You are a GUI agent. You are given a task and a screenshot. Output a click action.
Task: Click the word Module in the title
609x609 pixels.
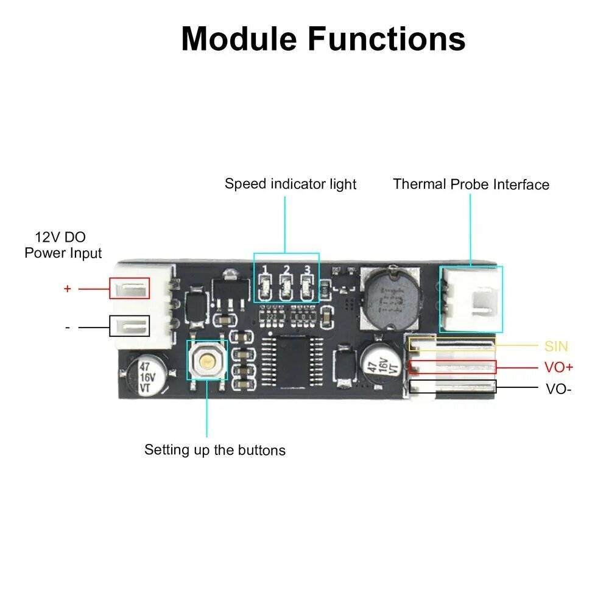239,39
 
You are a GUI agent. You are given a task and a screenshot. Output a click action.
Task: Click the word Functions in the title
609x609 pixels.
387,39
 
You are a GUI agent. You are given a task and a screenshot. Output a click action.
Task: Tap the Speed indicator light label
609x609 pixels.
290,184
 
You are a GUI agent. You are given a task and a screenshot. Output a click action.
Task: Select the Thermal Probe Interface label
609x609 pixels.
471,184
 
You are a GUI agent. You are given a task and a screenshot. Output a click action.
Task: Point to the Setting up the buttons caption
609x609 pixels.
215,450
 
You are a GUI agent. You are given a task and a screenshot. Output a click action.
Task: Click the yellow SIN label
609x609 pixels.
556,346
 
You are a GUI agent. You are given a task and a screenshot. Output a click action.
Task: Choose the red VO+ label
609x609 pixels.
558,367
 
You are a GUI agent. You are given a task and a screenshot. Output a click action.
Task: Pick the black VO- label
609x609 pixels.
558,389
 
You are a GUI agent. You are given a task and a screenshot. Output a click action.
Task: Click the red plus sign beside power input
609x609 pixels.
68,289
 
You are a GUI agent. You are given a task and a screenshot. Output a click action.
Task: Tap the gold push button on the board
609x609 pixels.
207,361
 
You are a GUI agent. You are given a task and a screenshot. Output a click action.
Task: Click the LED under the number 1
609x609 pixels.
266,288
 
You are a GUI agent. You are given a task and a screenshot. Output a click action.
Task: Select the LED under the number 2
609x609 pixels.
287,288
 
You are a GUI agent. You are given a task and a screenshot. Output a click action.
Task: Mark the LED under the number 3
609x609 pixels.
307,288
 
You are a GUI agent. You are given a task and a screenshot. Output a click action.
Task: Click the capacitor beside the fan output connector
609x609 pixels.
381,364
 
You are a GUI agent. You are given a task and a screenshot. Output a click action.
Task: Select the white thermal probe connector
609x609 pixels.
471,299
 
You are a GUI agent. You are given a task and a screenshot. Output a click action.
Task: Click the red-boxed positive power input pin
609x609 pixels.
129,288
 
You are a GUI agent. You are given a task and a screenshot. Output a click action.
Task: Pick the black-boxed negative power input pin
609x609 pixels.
129,326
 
